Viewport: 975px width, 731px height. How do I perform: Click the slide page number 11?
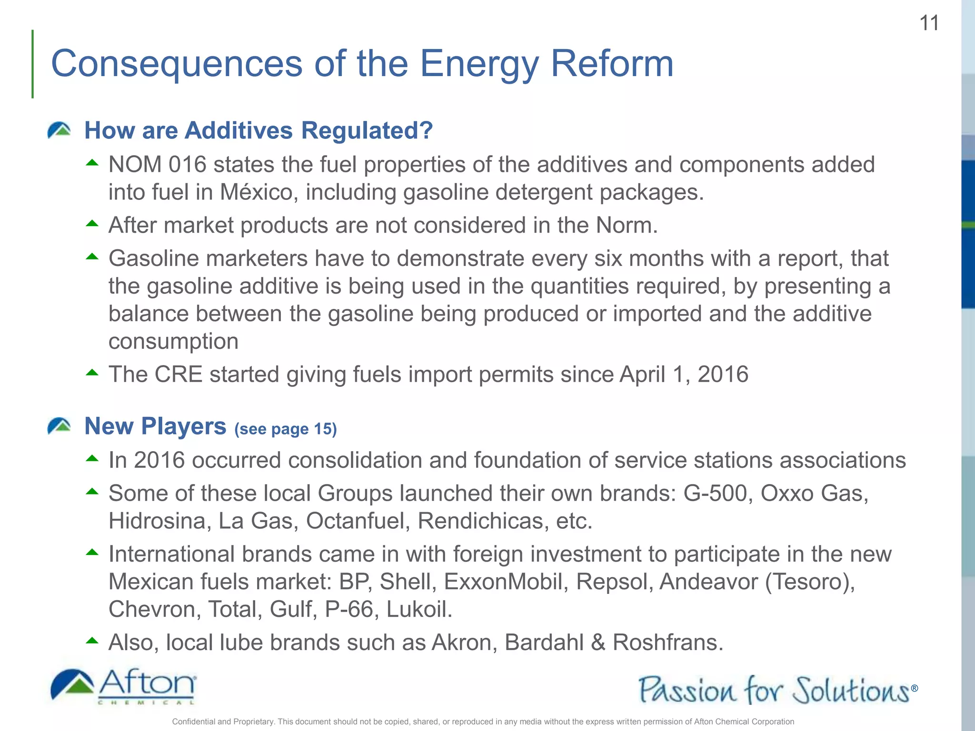pos(929,23)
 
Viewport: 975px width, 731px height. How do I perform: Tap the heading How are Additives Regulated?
pos(259,130)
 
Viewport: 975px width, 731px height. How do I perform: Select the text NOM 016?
pos(157,165)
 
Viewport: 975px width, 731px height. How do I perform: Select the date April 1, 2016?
pos(684,375)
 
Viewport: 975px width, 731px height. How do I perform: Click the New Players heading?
pos(155,426)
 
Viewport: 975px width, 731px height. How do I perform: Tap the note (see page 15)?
pos(286,429)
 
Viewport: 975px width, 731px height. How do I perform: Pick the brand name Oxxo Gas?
pos(814,494)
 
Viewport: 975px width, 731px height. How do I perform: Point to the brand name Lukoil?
pos(419,610)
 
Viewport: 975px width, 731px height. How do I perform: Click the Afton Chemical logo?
pos(123,687)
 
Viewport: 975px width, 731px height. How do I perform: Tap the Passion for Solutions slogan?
pos(776,690)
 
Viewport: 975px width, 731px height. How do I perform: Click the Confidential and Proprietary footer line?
pos(483,721)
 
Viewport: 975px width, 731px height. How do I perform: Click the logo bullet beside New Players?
pos(59,426)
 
